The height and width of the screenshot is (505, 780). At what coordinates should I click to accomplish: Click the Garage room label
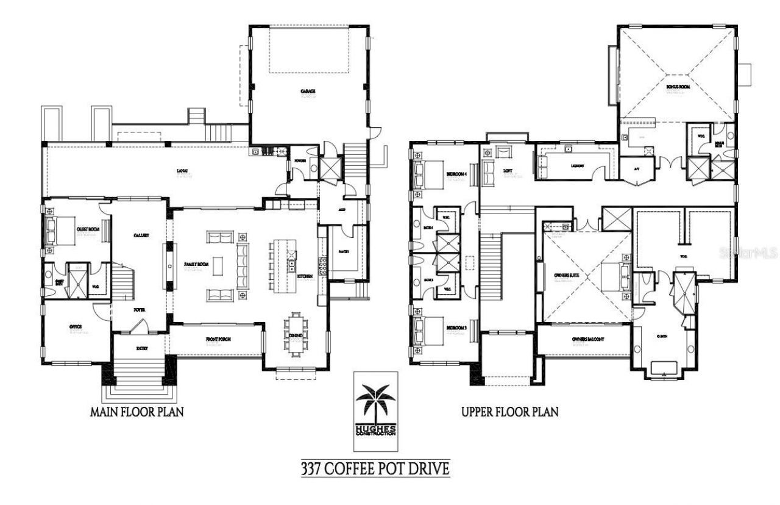pos(308,91)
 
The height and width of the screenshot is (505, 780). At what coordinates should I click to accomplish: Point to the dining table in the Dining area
pos(297,332)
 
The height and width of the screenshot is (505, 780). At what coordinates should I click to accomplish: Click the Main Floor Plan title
pos(136,412)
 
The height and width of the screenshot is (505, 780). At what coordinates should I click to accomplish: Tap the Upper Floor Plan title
pos(509,412)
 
